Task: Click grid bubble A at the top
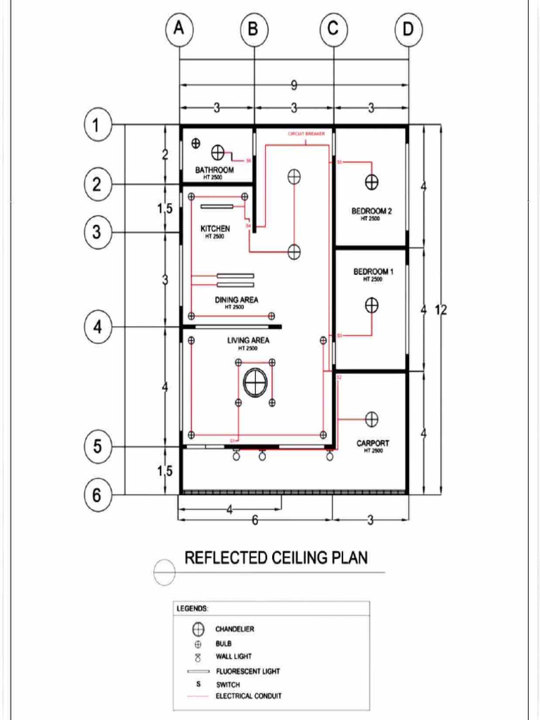coord(180,30)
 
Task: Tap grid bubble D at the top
coord(408,30)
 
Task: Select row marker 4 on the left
coord(98,327)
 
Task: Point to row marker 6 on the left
coord(98,496)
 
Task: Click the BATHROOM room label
coord(214,170)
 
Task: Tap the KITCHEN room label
coord(214,229)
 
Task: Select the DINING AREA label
coord(236,300)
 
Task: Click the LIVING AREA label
coord(248,341)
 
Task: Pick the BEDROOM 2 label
coord(371,211)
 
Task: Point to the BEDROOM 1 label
coord(373,271)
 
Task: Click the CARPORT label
coord(373,444)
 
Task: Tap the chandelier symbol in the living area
coord(255,382)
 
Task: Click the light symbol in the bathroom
coord(218,153)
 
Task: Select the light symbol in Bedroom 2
coord(371,183)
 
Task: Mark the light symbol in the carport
coord(372,418)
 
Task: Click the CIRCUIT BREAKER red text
coord(306,134)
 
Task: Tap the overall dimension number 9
coord(293,85)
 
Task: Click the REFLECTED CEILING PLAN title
coord(276,558)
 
